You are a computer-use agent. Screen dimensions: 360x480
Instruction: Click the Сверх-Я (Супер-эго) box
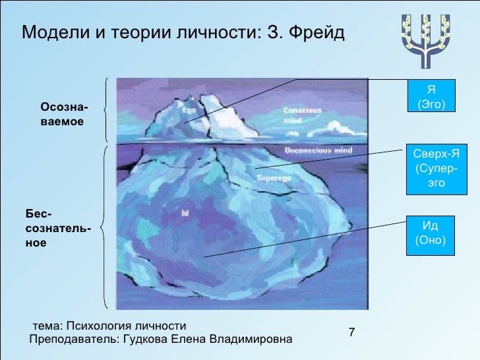click(x=436, y=168)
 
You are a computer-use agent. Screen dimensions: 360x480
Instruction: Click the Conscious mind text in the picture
click(x=302, y=116)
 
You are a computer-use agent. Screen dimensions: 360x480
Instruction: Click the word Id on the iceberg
click(x=185, y=213)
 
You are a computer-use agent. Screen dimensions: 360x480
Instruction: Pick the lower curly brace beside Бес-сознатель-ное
click(x=106, y=227)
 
